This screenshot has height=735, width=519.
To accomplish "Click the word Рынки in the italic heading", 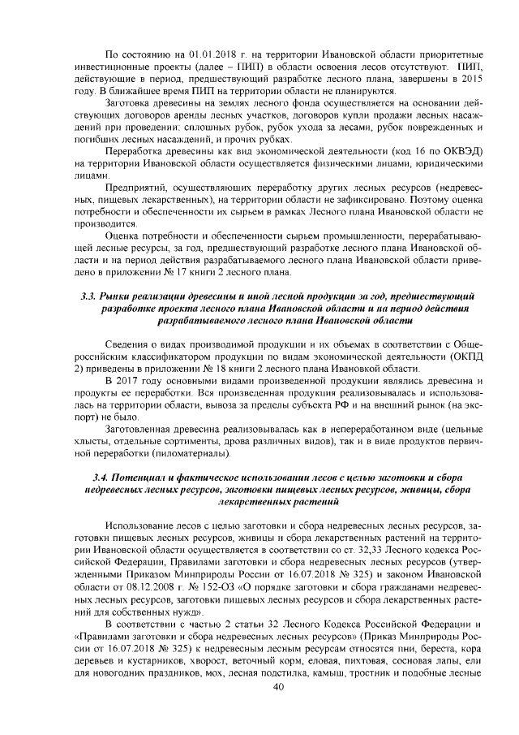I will (x=126, y=292).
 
